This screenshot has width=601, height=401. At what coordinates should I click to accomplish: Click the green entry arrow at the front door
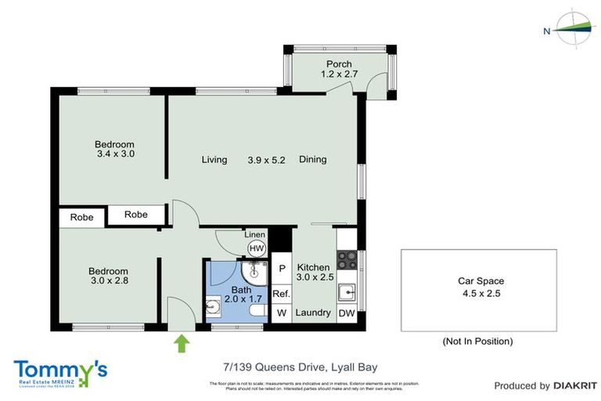[x=182, y=343]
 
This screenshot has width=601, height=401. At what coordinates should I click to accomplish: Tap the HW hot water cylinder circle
[x=256, y=248]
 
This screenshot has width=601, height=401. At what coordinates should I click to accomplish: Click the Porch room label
[x=339, y=64]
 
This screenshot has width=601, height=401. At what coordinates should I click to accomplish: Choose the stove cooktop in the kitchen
[x=347, y=258]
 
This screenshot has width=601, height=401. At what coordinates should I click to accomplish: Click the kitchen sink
[x=347, y=293]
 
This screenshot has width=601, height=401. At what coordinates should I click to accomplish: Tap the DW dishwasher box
[x=346, y=313]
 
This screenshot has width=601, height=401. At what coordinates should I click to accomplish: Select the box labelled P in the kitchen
[x=282, y=269]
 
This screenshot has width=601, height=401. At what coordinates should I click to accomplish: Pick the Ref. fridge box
[x=281, y=294]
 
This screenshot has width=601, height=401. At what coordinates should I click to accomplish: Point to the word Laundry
[x=313, y=313]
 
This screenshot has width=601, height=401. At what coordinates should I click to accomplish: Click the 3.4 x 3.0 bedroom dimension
[x=115, y=154]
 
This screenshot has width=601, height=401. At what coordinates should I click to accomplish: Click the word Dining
[x=312, y=160]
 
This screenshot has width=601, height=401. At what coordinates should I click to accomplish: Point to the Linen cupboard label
[x=255, y=235]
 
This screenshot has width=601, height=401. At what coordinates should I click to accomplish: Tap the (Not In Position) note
[x=477, y=341]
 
